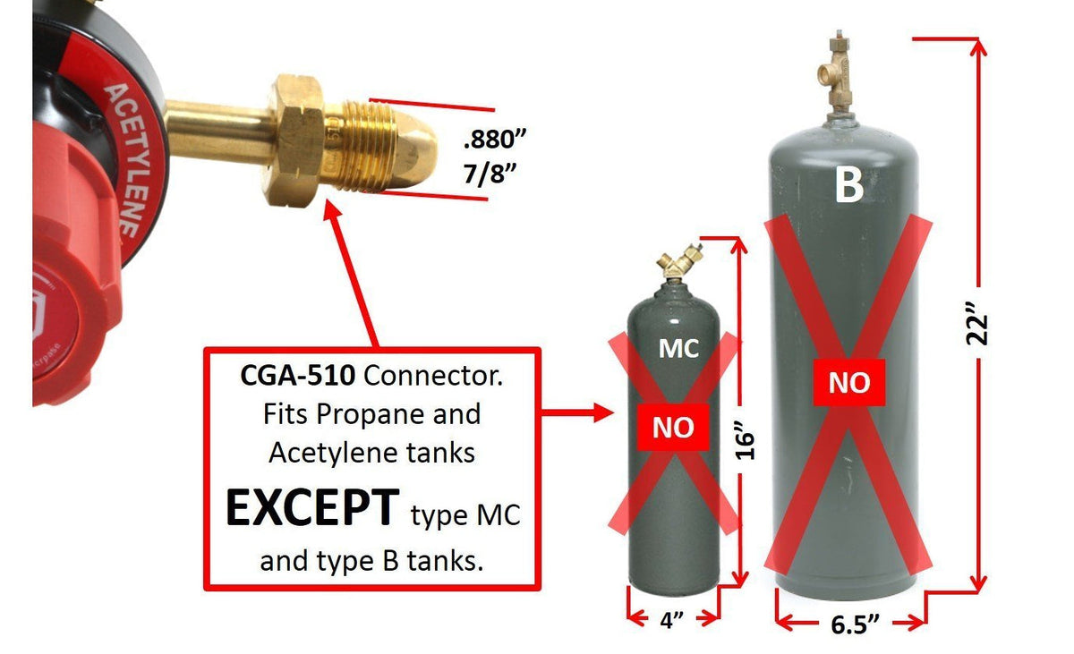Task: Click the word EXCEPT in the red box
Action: coord(311,508)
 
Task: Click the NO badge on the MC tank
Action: coord(674,428)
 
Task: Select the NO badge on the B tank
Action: coord(848,383)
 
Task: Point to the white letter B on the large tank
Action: coord(848,185)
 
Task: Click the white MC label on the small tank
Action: coord(678,349)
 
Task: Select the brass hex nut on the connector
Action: coord(291,141)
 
